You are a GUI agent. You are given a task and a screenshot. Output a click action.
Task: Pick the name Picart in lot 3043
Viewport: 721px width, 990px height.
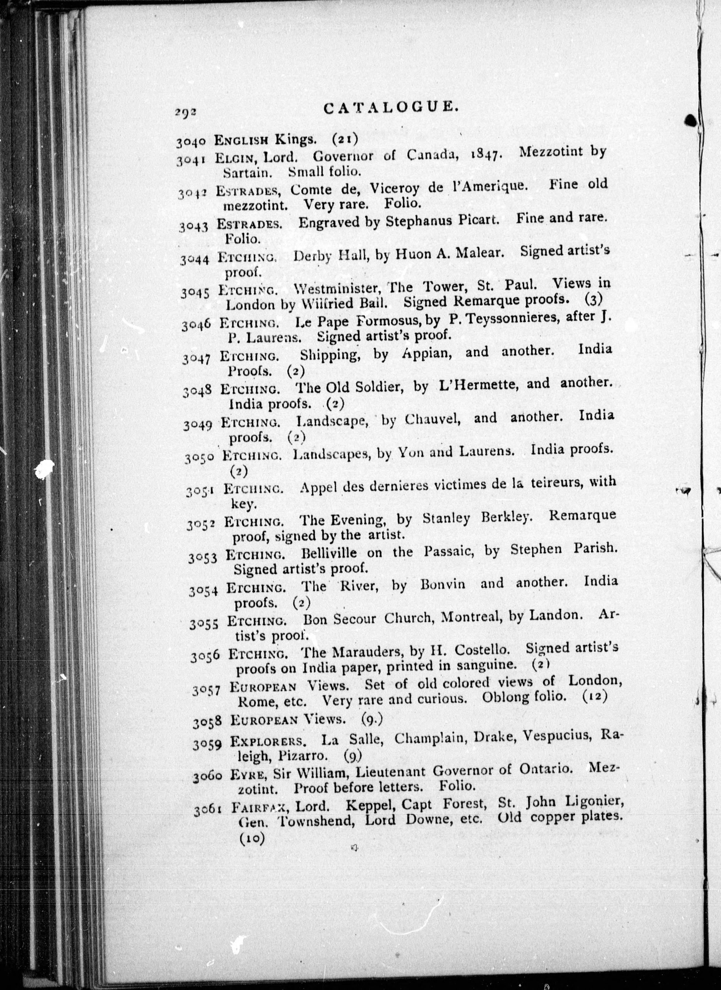tap(478, 220)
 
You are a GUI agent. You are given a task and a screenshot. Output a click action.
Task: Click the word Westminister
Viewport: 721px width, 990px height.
tap(337, 289)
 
